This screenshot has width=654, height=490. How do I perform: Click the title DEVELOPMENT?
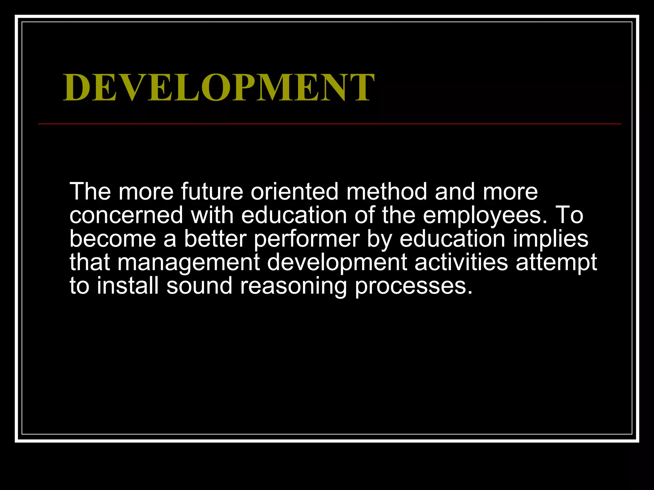(219, 87)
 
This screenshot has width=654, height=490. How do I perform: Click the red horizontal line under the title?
(330, 123)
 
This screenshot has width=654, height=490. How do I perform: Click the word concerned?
(126, 215)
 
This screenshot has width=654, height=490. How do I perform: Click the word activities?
(461, 262)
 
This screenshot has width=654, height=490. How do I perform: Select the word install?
(128, 286)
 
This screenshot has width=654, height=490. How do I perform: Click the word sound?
(199, 286)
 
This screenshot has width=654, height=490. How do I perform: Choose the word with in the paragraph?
(212, 215)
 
